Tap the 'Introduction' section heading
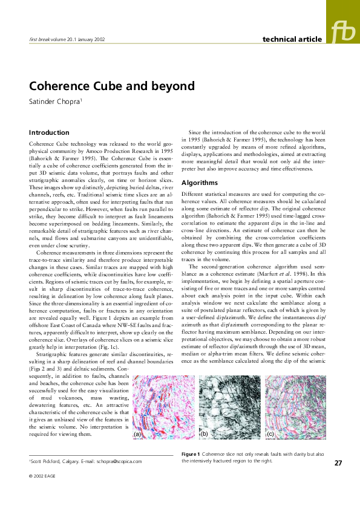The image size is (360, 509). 49,132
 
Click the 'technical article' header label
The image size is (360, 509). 292,39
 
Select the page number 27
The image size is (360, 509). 338,463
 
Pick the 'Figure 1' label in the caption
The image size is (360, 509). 191,453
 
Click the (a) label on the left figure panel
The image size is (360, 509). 137,434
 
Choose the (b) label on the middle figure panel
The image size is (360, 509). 204,434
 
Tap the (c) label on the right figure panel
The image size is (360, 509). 270,434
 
